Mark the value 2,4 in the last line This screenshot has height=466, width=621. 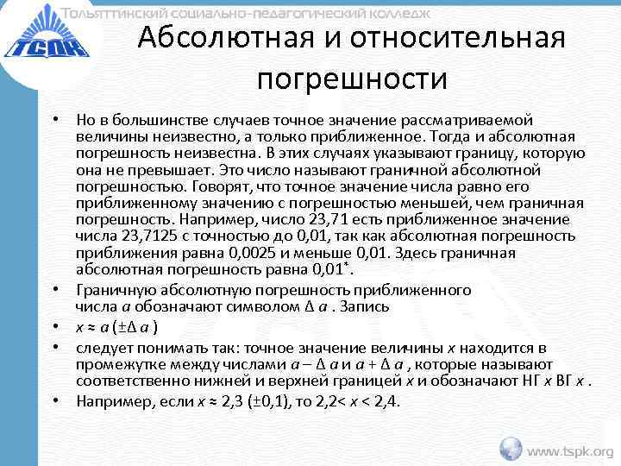[388, 401]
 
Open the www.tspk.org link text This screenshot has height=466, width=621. [570, 450]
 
